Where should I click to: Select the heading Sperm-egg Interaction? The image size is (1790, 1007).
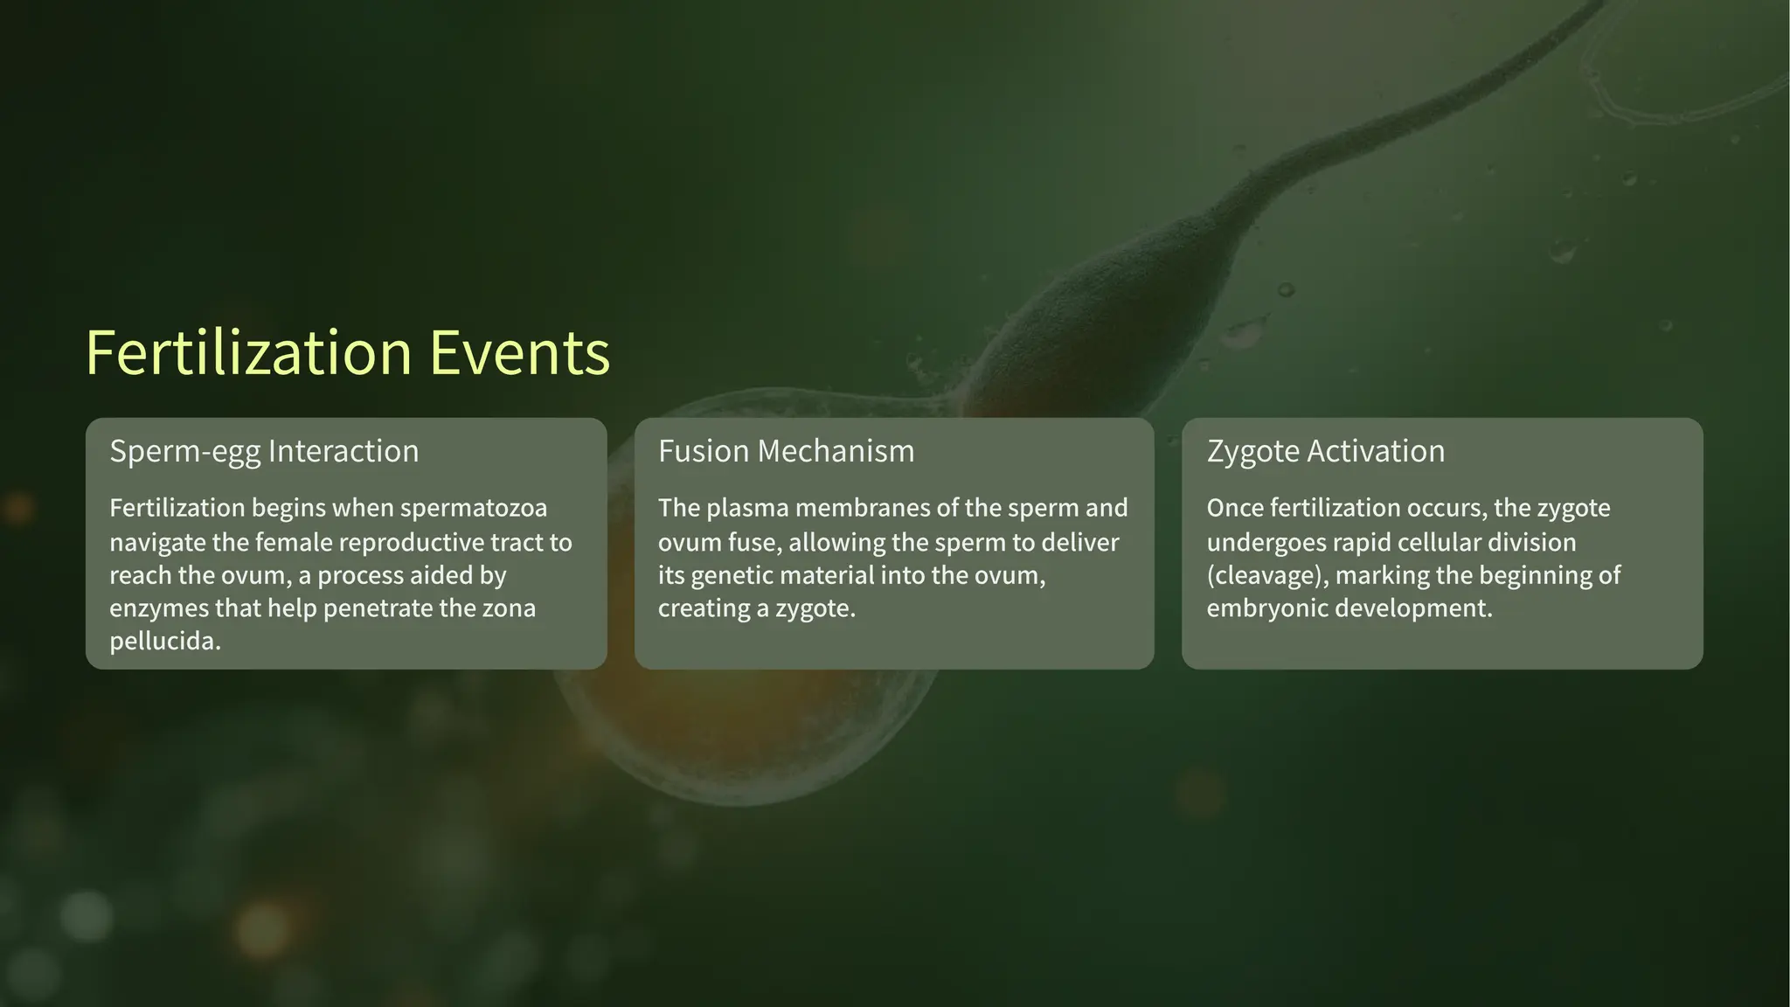click(264, 451)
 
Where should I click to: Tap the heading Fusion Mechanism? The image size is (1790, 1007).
click(786, 451)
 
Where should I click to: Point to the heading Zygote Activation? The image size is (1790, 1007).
click(1325, 451)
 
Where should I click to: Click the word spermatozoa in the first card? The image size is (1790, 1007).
click(473, 508)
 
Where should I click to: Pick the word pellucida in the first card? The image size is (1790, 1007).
click(164, 642)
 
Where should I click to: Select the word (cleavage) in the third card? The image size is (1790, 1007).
click(1266, 575)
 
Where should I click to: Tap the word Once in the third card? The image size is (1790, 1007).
click(1234, 508)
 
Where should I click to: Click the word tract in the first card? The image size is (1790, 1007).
click(516, 542)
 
